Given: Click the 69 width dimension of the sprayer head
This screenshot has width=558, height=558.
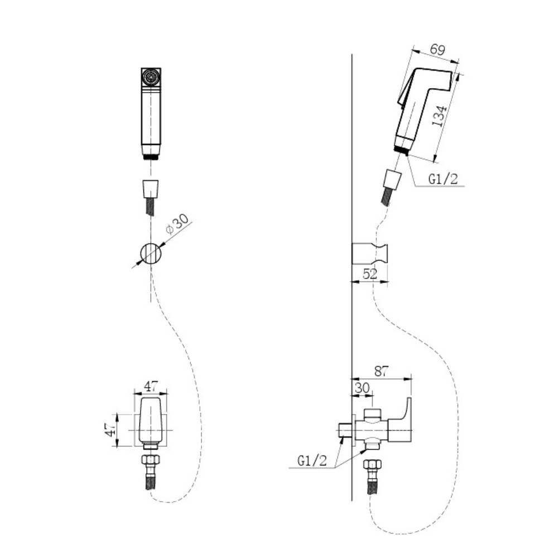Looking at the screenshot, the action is [x=437, y=50].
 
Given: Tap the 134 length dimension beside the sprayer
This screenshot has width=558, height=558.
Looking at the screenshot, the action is [x=440, y=116].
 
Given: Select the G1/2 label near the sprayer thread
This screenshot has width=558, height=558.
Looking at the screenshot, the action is [x=443, y=179].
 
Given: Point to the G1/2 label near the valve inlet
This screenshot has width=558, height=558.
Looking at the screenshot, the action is [x=312, y=461].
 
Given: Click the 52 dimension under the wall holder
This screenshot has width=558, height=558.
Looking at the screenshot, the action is [x=370, y=274].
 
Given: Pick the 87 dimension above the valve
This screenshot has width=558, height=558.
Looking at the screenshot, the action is [x=381, y=372].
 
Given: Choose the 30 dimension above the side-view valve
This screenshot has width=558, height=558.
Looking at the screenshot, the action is [x=362, y=388].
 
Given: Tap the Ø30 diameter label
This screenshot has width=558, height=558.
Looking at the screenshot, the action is [x=177, y=224].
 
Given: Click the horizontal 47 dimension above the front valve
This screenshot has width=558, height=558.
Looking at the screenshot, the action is [x=151, y=386].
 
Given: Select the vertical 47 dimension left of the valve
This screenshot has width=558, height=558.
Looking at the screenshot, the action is [x=110, y=430].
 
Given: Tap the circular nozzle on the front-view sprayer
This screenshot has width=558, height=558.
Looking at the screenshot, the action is [x=151, y=76].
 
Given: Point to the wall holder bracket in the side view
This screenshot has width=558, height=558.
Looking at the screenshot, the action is [x=370, y=254].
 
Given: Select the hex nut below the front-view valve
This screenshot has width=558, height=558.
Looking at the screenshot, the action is [x=151, y=459].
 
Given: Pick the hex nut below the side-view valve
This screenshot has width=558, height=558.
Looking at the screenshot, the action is [x=373, y=464].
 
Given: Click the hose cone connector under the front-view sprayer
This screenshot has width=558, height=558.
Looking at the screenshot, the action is [x=151, y=189].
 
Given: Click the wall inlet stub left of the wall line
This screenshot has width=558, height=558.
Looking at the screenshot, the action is [x=344, y=431].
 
